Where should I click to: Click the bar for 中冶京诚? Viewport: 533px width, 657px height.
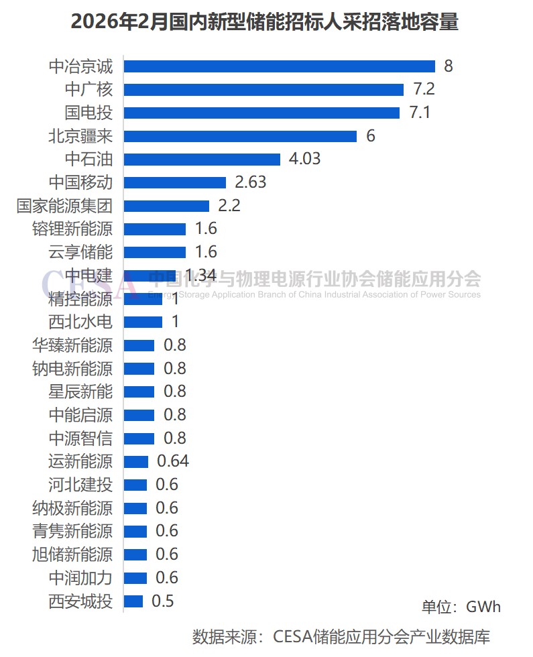pos(280,66)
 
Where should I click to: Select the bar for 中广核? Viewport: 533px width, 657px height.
pos(263,89)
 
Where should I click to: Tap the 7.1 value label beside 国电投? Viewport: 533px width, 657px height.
pos(420,112)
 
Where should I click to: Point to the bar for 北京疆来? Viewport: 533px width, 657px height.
pos(240,136)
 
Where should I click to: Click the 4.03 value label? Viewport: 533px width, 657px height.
pos(304,159)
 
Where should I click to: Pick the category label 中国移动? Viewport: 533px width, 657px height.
pos(80,182)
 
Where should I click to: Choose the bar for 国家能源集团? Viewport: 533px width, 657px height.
pos(166,206)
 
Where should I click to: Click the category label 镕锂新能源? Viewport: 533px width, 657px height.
pos(72,229)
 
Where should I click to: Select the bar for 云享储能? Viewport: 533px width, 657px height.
pos(154,252)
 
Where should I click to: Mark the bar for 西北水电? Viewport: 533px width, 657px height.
pos(143,322)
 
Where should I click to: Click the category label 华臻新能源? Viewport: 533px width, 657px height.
pos(72,345)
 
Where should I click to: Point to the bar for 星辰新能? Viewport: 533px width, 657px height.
pos(139,392)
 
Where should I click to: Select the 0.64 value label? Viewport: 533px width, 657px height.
pos(173,461)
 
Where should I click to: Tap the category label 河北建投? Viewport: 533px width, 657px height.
pos(80,485)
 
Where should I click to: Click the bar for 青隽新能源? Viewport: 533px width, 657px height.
pos(135,531)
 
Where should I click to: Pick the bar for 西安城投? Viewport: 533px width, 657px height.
pos(133,601)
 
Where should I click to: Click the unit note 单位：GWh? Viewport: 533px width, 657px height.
pos(461,607)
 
